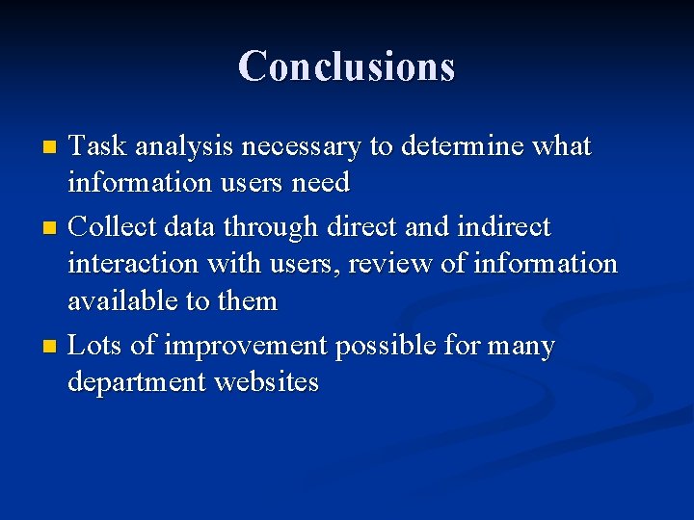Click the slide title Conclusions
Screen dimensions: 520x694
pyautogui.click(x=346, y=65)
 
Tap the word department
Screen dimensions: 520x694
pyautogui.click(x=137, y=383)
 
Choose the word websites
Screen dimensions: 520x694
pyautogui.click(x=267, y=382)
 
